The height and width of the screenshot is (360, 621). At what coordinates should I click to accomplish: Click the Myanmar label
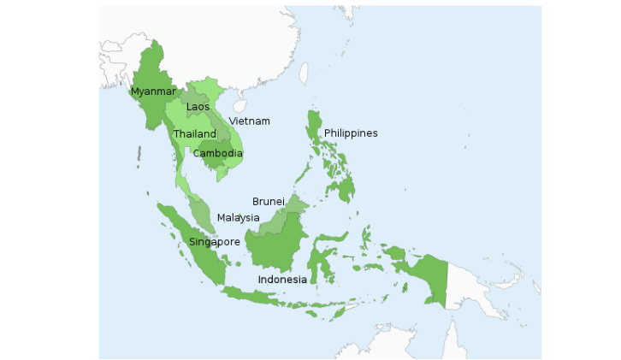coord(153,91)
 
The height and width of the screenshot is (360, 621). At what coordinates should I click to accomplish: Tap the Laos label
coord(198,107)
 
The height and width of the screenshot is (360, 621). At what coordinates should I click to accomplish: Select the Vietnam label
coord(249,121)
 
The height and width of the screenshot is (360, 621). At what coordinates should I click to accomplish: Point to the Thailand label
coord(195,134)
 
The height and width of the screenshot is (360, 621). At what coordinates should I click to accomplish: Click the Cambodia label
coord(217,154)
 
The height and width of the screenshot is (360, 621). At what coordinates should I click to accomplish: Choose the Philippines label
coord(350,133)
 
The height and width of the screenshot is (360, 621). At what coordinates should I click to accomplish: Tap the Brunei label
coord(268,202)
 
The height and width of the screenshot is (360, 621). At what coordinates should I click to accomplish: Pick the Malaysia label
coord(238,217)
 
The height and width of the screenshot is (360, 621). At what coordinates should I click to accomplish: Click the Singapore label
coord(214,242)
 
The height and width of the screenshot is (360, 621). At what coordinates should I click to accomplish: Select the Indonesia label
coord(282,280)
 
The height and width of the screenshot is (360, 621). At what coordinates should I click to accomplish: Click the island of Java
coord(265,297)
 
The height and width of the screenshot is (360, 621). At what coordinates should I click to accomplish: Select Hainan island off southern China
coord(240,106)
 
